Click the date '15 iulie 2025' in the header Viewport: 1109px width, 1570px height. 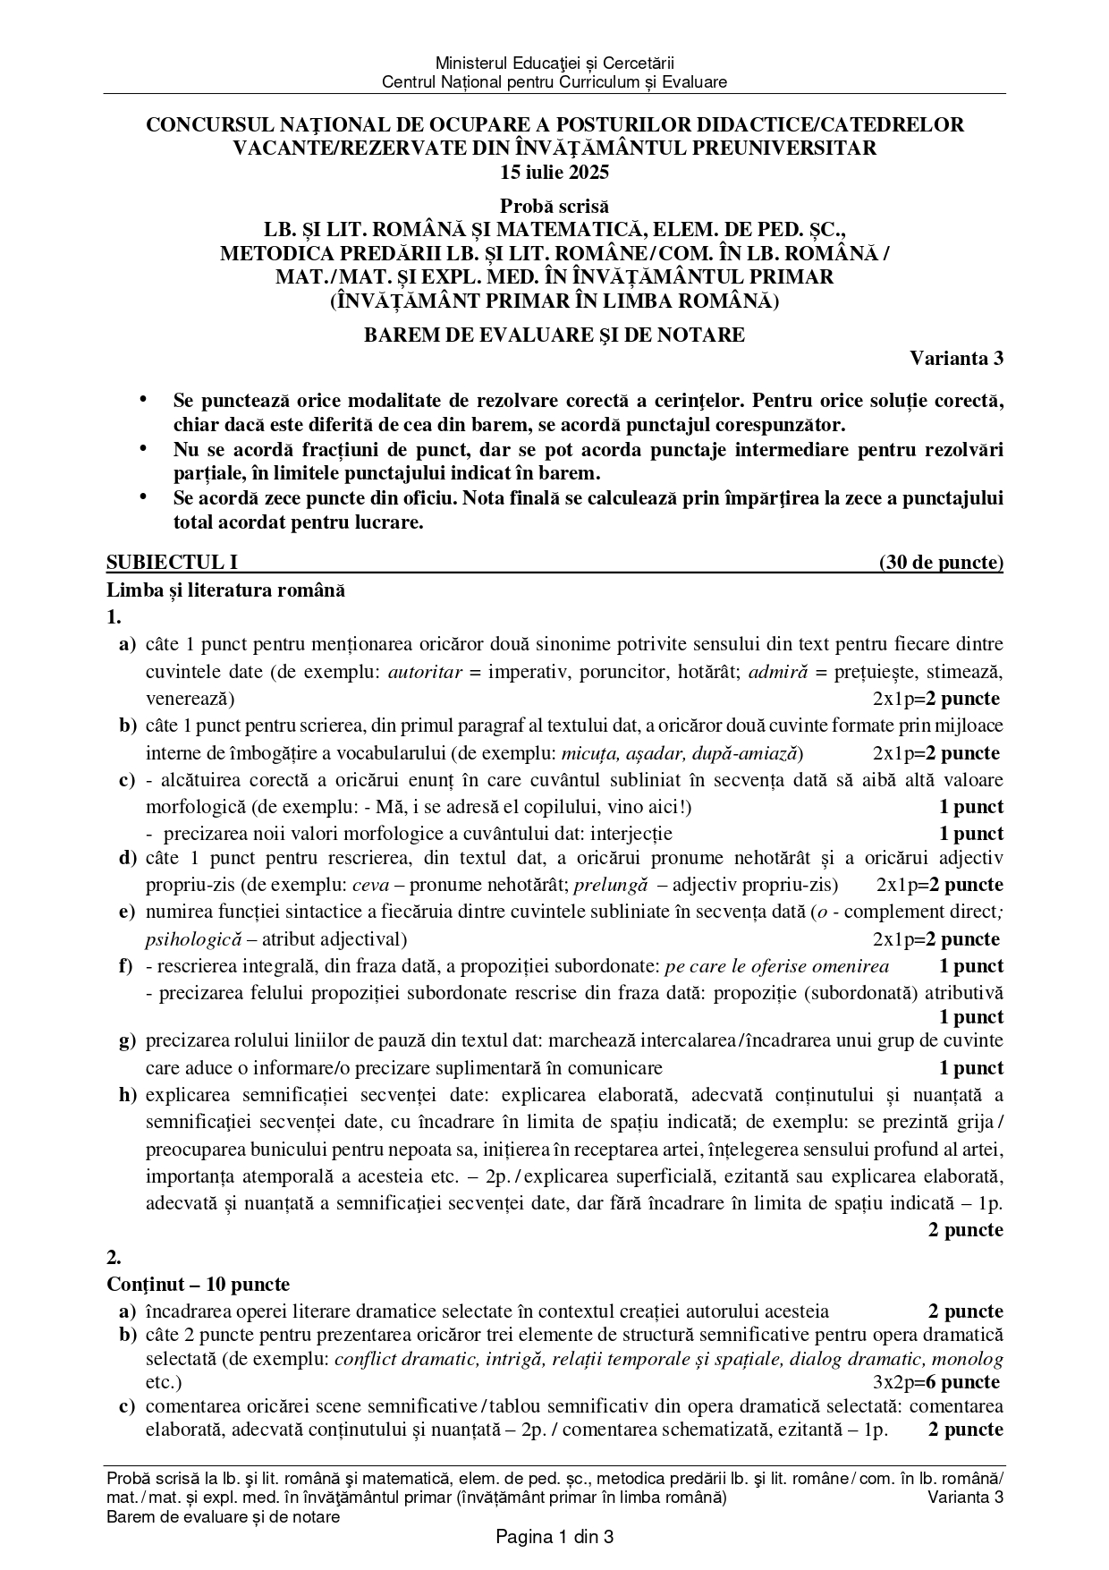coord(554,172)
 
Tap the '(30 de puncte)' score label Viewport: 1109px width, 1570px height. coord(941,563)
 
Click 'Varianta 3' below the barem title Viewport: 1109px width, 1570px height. coord(956,359)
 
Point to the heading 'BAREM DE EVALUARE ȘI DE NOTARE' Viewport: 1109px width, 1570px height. coord(554,335)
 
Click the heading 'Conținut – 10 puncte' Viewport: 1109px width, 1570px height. coord(198,1285)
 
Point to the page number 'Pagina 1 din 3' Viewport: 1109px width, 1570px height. coord(554,1538)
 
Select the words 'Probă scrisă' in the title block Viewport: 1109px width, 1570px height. coord(554,206)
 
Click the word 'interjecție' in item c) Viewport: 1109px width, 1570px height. coord(626,834)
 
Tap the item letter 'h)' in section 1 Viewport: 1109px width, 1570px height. coord(128,1095)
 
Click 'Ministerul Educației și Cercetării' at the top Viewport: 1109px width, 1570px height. coord(554,63)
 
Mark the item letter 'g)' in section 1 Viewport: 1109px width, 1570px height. coord(128,1041)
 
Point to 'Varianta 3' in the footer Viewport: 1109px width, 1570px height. coord(965,1498)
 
